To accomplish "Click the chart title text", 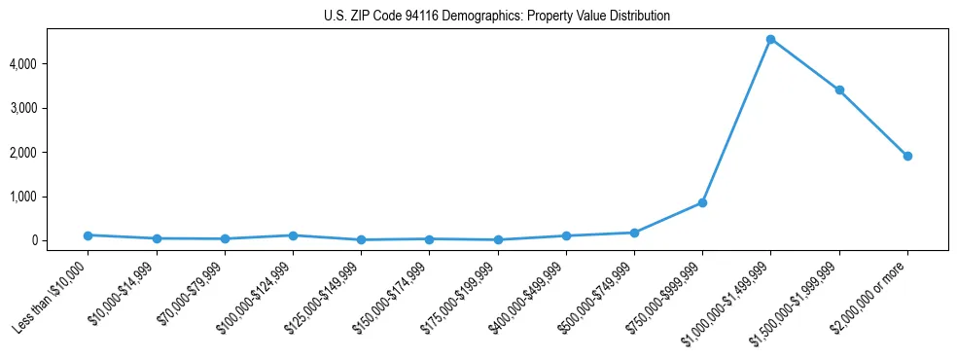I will point(497,17).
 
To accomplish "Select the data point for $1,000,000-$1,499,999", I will point(770,39).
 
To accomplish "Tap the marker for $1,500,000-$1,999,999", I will point(838,90).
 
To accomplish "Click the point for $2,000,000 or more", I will point(907,156).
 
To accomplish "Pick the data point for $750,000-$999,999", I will point(702,202).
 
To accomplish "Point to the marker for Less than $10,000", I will point(88,235).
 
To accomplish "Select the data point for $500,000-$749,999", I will point(634,233).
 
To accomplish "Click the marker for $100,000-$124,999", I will point(293,235).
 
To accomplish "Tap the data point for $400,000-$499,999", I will point(566,235).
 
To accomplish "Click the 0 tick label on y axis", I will point(60,240).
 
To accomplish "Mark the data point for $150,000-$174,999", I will point(429,238).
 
